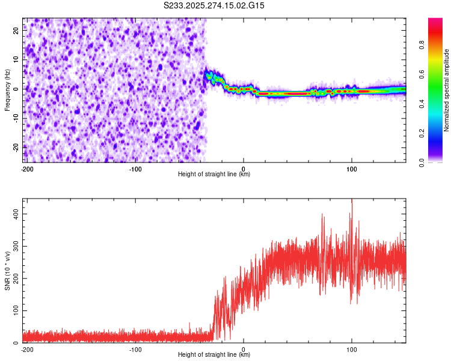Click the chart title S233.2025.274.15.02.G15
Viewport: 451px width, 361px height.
point(214,5)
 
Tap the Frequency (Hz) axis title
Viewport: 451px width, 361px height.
point(8,90)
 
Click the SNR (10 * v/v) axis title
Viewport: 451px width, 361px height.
point(8,271)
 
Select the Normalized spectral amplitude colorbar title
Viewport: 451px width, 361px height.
point(446,90)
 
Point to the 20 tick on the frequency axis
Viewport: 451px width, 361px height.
point(16,32)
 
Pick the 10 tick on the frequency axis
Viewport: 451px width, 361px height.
point(16,60)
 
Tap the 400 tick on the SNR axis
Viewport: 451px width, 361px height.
point(14,214)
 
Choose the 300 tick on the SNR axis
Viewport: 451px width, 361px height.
point(14,246)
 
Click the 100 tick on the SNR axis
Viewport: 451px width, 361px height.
point(14,310)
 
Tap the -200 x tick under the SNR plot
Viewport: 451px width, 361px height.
point(26,349)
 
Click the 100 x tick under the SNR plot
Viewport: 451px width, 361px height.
point(352,349)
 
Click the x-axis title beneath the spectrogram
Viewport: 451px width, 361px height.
point(214,174)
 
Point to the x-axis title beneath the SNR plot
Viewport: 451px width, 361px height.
point(214,355)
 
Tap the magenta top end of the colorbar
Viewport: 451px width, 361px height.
point(435,22)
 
